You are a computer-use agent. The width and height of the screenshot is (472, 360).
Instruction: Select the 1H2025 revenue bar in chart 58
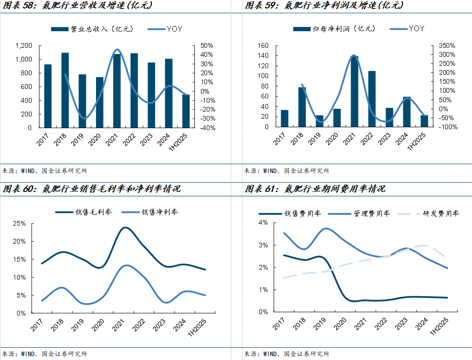point(186,111)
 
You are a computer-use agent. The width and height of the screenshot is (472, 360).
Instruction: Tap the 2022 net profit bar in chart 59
point(372,99)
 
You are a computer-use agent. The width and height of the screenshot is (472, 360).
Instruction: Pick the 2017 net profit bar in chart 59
point(284,118)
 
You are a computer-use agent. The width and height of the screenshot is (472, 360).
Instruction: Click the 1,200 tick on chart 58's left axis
point(23,45)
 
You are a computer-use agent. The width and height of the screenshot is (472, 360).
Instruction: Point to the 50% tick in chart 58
point(207,45)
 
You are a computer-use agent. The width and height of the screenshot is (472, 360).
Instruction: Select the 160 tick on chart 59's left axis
point(263,45)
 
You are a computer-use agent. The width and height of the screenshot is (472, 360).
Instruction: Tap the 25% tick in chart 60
point(19,223)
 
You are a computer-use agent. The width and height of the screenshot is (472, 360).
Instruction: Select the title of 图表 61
point(315,189)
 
